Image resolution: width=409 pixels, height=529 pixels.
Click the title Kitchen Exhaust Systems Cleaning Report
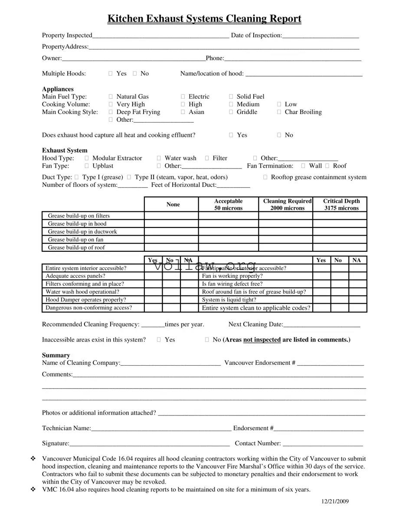pyautogui.click(x=204, y=19)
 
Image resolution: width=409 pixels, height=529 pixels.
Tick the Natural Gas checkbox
pyautogui.click(x=111, y=97)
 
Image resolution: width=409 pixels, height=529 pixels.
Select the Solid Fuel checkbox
pyautogui.click(x=231, y=97)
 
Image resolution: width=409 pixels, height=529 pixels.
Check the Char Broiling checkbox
pyautogui.click(x=279, y=112)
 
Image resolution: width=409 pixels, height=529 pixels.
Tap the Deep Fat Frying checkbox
pyautogui.click(x=111, y=112)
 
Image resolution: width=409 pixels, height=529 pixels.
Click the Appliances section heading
pyautogui.click(x=58, y=89)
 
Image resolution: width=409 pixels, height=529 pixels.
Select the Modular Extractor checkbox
pyautogui.click(x=87, y=159)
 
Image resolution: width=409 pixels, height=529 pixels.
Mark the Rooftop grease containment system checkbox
pyautogui.click(x=265, y=177)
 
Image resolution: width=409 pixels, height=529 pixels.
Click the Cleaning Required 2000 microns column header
pyautogui.click(x=286, y=204)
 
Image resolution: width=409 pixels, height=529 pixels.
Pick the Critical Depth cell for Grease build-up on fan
pyautogui.click(x=340, y=240)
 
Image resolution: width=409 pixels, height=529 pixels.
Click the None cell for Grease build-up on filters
pyautogui.click(x=171, y=216)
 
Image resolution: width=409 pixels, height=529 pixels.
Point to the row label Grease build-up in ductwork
pyautogui.click(x=82, y=232)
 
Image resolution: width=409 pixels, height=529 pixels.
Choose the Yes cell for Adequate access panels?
pyautogui.click(x=153, y=276)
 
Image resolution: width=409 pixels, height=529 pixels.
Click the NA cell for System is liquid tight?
pyautogui.click(x=358, y=300)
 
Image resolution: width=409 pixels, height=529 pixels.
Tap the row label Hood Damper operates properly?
pyautogui.click(x=86, y=300)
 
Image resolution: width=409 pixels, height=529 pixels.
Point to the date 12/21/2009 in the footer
pyautogui.click(x=335, y=502)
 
